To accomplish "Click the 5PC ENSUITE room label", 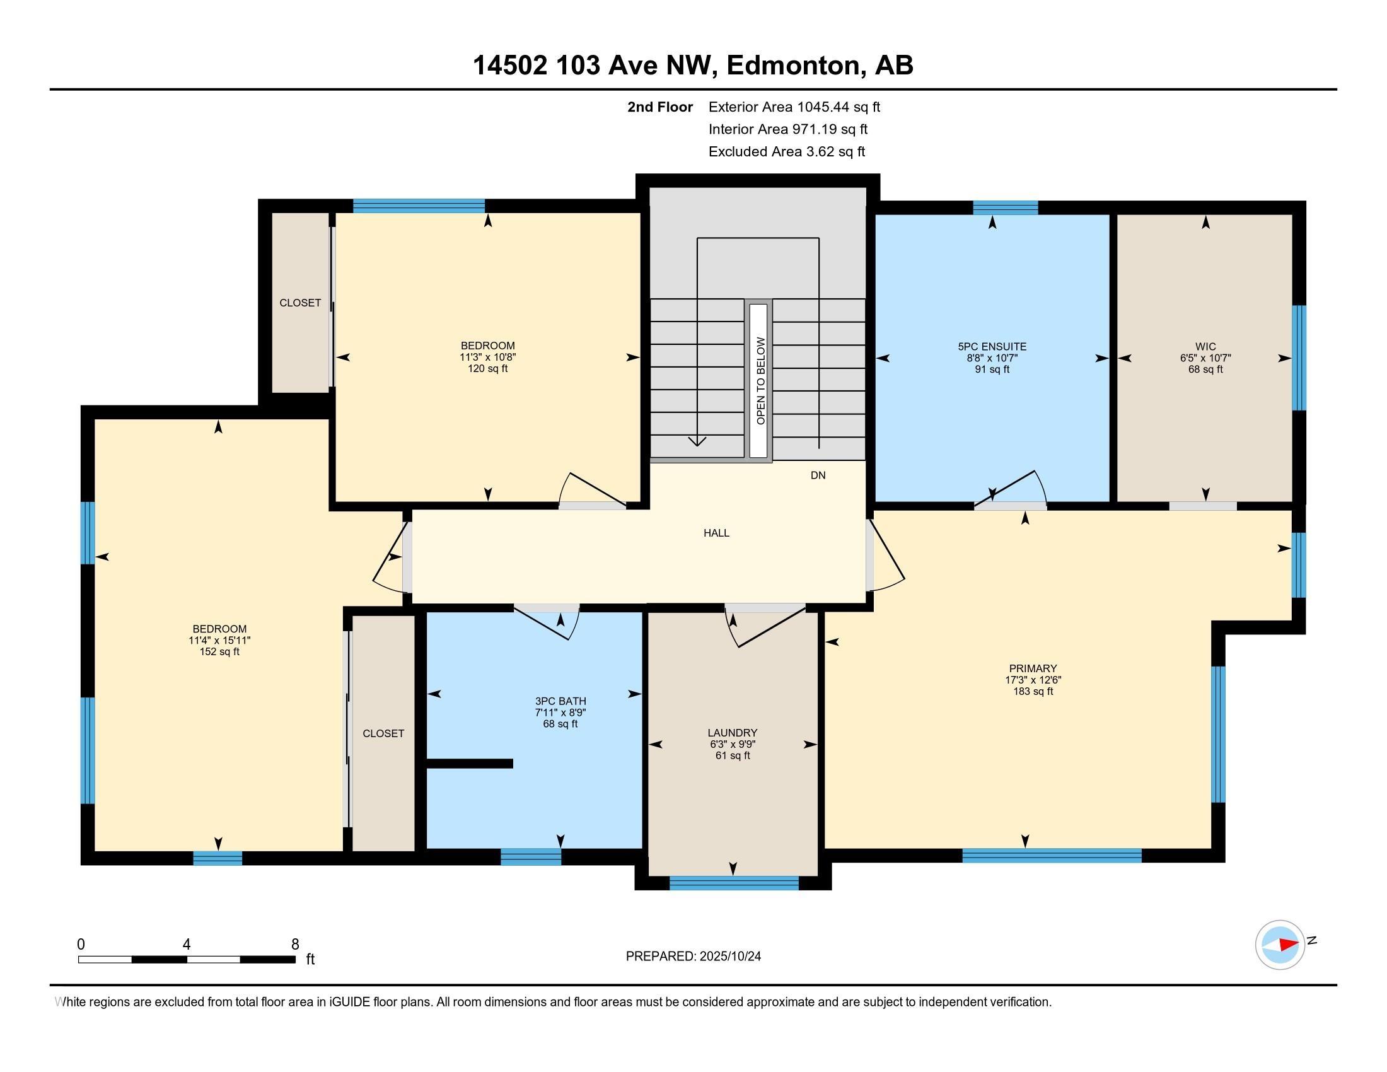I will (992, 347).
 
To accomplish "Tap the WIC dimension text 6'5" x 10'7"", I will (1205, 358).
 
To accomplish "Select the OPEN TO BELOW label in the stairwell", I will (760, 381).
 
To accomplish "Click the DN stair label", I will (818, 475).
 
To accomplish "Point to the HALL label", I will (716, 533).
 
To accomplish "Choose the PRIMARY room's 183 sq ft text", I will (1033, 691).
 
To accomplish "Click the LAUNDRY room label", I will (733, 733).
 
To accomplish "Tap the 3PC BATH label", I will (560, 701).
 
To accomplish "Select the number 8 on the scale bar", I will (294, 945).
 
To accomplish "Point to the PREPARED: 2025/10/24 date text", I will (693, 957).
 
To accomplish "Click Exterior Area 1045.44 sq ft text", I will (794, 107).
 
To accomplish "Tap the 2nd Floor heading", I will (660, 107).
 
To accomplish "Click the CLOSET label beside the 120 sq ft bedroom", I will (299, 303).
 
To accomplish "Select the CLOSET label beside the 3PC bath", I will (383, 733).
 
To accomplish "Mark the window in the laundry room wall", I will (733, 883).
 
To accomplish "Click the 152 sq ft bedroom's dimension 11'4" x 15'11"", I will (219, 641).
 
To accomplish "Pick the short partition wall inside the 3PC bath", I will (469, 764).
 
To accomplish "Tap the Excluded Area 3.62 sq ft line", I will (787, 152).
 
